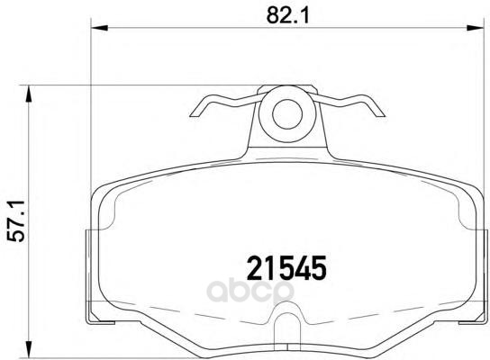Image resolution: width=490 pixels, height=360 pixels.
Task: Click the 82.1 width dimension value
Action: (288, 14)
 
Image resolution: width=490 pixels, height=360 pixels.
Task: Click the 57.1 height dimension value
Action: (16, 221)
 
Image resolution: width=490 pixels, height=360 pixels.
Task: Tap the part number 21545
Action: (286, 268)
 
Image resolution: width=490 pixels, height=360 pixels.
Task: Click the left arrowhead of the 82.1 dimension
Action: (99, 28)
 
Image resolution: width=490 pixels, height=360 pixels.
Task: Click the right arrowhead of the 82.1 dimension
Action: (475, 28)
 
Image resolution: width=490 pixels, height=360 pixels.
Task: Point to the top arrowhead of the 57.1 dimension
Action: (29, 94)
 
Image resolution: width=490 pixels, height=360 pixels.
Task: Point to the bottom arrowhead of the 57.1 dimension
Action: (29, 348)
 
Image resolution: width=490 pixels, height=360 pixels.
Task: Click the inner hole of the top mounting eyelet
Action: (287, 114)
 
